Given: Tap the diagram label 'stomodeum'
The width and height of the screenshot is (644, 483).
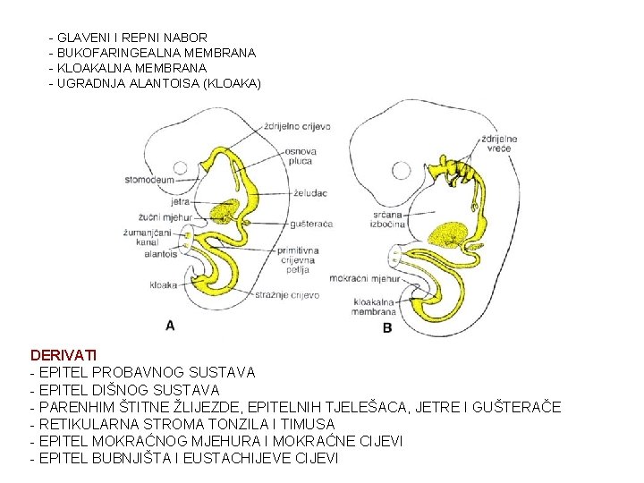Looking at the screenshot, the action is coord(149,180).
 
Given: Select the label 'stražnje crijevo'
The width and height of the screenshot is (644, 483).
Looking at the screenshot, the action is coord(288,295).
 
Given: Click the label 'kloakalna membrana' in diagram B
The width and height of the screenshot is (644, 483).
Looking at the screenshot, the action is coord(375,307).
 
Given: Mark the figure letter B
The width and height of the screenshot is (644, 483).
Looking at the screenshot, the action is coord(387,327).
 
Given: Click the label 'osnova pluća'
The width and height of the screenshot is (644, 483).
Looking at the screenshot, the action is coord(301,157).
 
